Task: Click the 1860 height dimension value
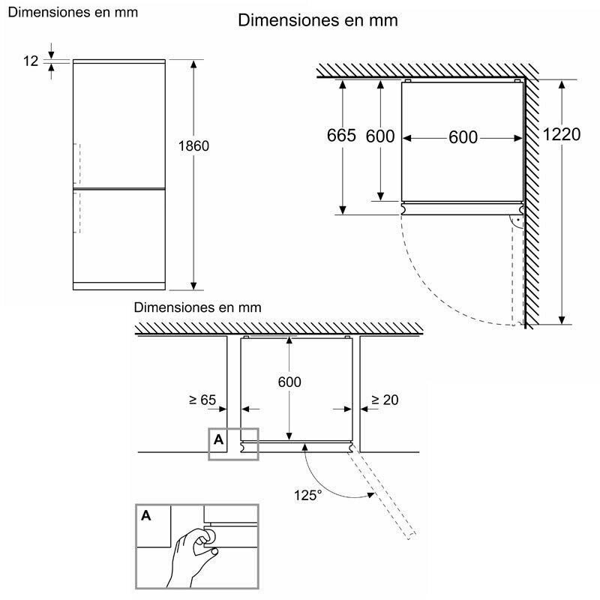193,145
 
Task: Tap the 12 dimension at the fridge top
31,61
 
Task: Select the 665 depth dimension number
341,136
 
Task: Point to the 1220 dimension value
562,135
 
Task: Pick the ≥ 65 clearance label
202,400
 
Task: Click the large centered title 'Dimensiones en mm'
317,20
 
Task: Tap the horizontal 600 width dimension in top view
463,137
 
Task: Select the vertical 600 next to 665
379,136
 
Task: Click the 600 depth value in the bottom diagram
289,382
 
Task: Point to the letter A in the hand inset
144,515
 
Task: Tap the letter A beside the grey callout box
219,439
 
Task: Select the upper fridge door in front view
118,124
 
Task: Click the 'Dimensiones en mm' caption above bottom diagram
197,307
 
